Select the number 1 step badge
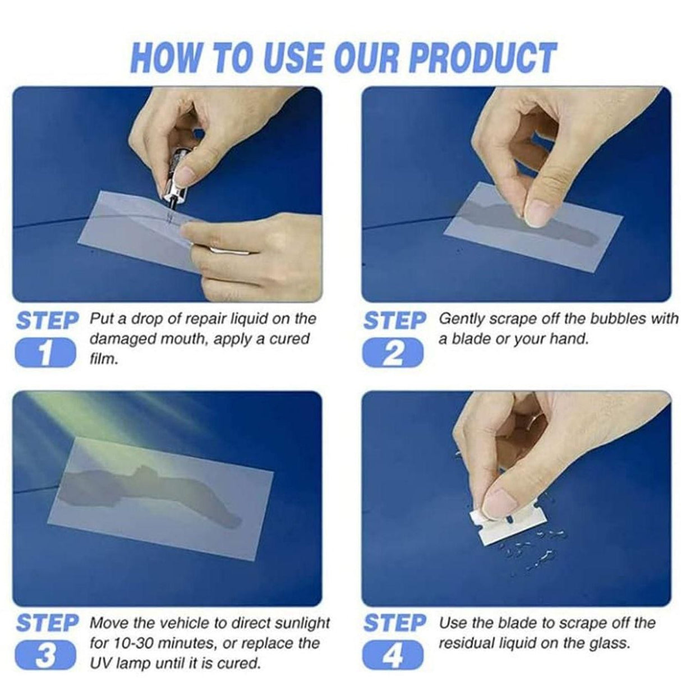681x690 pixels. tap(45, 353)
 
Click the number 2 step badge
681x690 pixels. tap(393, 353)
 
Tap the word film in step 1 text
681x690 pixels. tap(104, 358)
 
